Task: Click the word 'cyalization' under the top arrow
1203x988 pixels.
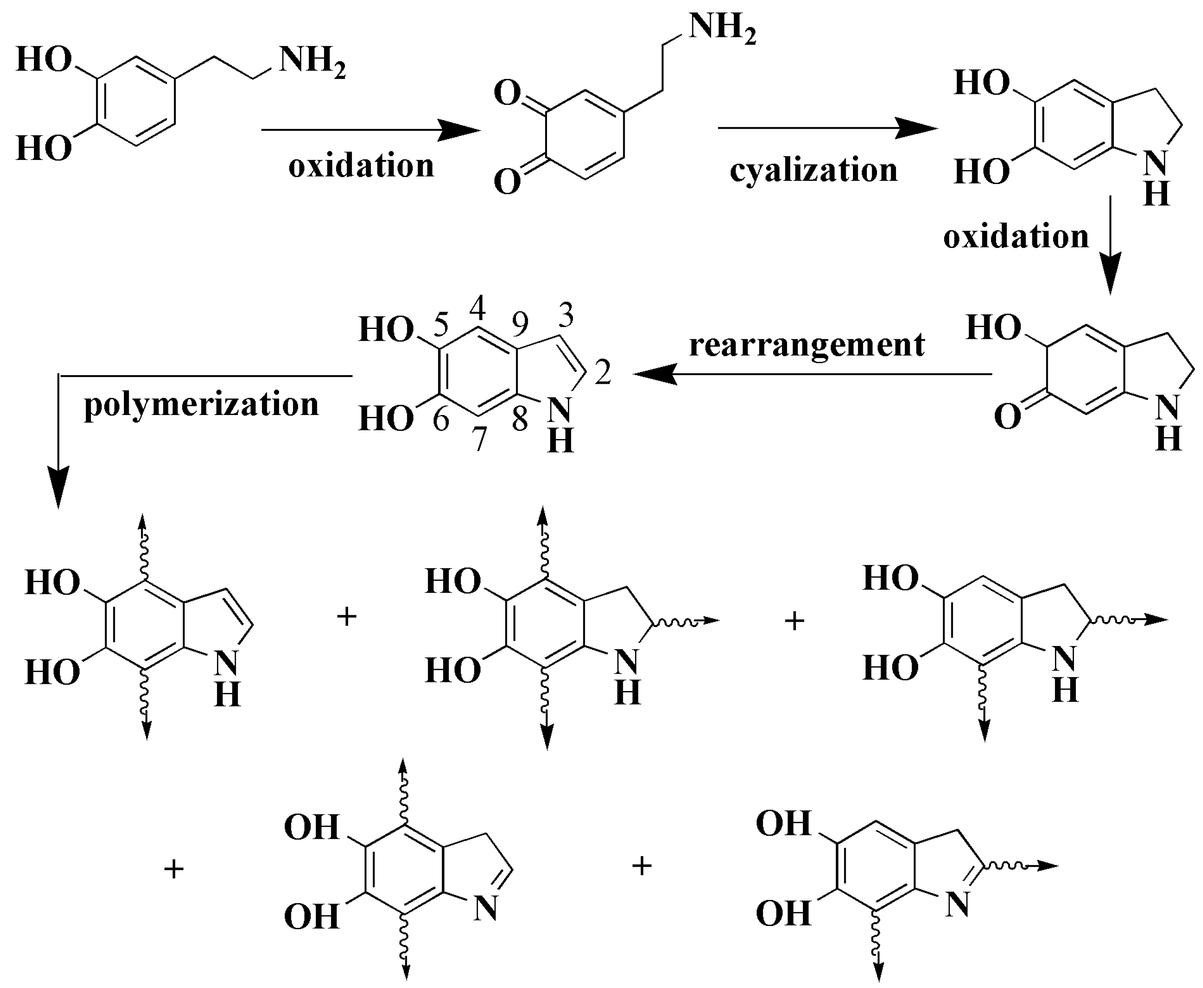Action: (x=813, y=171)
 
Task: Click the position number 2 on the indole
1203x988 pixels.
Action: (x=603, y=372)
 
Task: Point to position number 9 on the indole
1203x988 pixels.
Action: (x=520, y=324)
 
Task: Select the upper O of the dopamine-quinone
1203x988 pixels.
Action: (x=507, y=93)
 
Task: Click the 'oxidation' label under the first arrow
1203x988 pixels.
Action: (x=361, y=166)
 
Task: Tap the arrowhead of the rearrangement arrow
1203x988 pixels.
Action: (x=654, y=374)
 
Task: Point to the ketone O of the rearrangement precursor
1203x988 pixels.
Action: (x=1007, y=417)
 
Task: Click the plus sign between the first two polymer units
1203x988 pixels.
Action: (x=347, y=616)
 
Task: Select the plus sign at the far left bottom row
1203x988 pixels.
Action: (x=174, y=869)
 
